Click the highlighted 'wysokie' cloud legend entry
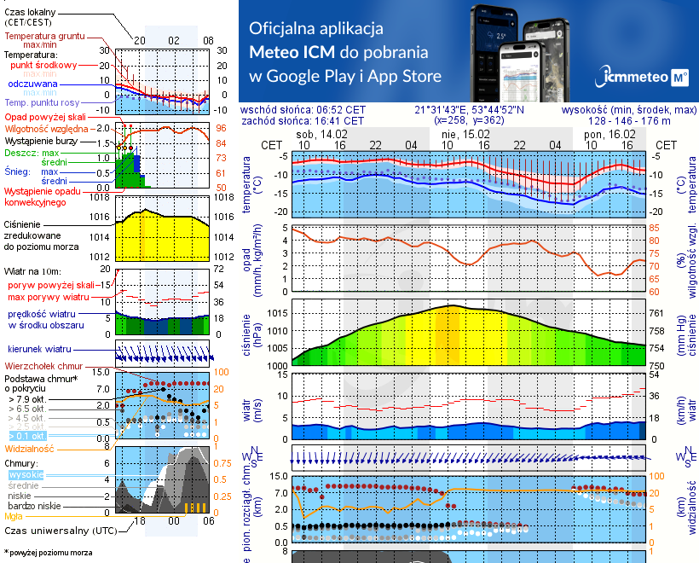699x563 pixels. [25, 474]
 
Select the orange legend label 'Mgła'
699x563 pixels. [14, 516]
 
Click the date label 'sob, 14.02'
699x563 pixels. [321, 135]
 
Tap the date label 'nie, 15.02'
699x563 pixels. [464, 135]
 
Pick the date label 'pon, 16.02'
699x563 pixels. [608, 135]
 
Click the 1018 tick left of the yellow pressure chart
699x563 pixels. [100, 197]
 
